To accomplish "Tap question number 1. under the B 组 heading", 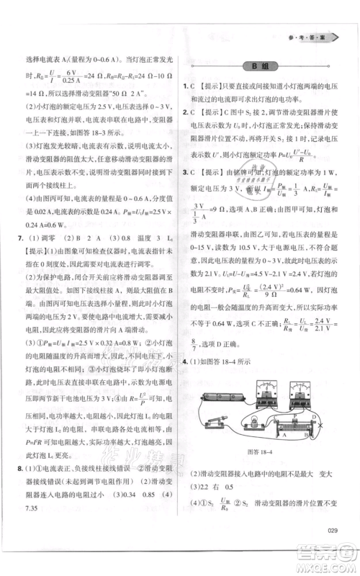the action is tap(185, 89).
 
